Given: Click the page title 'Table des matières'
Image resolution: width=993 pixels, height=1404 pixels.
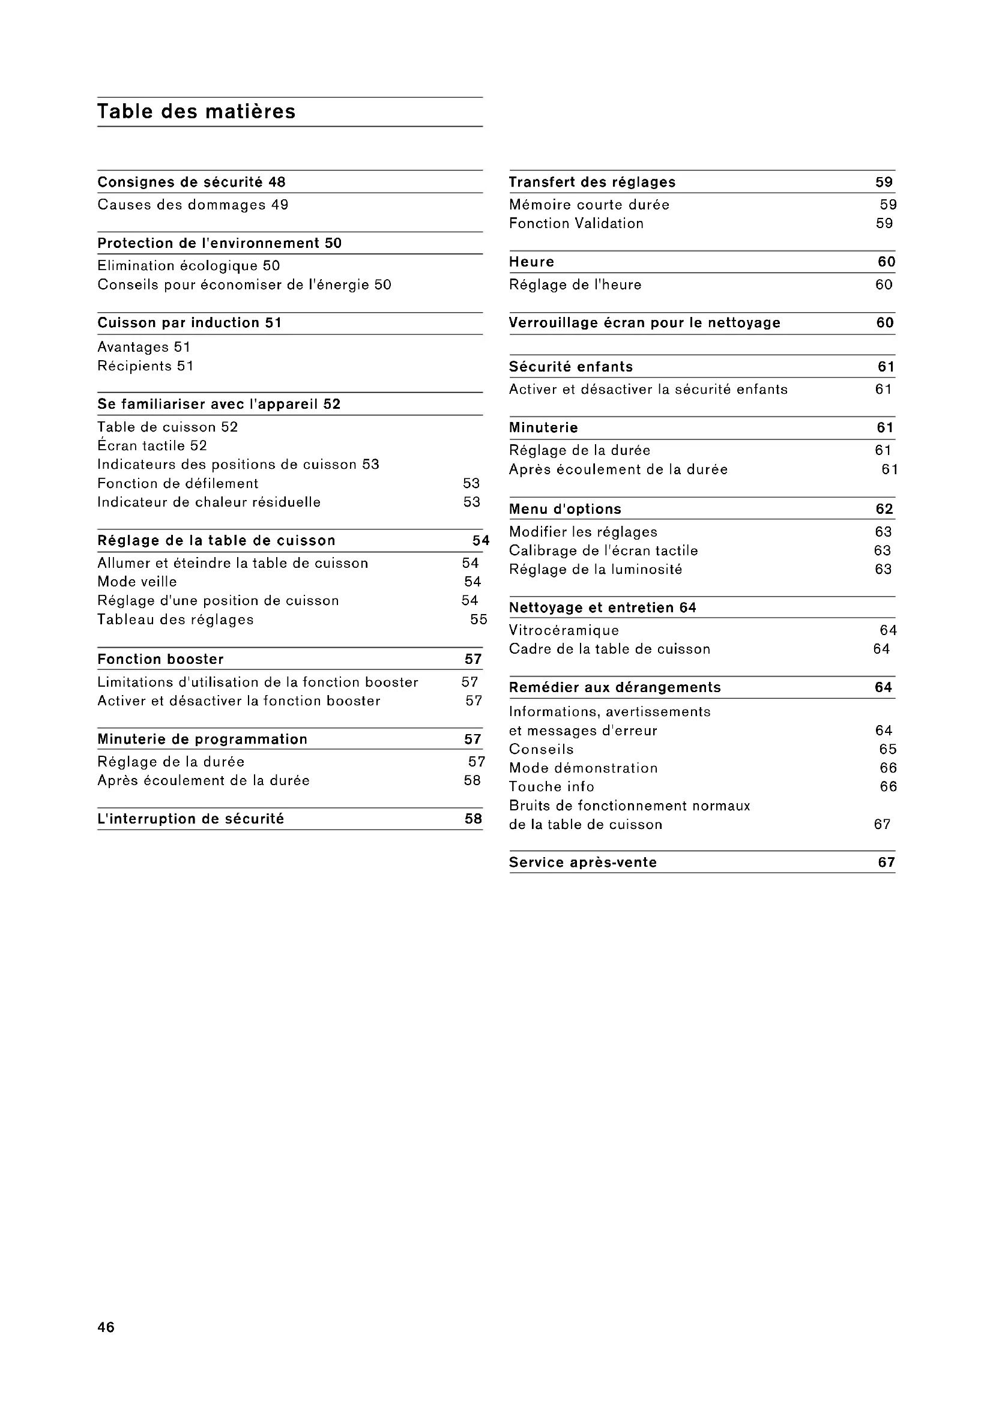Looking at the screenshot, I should click(x=196, y=112).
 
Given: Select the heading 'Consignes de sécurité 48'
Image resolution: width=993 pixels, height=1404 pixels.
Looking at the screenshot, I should click(x=192, y=182).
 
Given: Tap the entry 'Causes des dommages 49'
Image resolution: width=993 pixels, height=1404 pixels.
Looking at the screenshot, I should click(x=193, y=205).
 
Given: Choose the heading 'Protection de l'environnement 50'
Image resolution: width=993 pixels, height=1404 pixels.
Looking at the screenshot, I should click(x=220, y=243).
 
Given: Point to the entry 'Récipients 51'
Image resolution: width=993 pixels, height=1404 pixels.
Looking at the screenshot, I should click(x=145, y=366).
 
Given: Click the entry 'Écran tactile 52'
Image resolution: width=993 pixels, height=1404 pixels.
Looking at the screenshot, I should click(x=152, y=446).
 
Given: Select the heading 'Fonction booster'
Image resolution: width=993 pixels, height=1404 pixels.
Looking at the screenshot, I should click(x=161, y=659).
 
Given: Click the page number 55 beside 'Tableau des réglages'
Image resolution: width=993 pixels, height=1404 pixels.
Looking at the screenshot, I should click(x=478, y=619).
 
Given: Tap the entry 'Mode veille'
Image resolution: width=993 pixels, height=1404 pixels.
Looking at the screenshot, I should click(x=137, y=582).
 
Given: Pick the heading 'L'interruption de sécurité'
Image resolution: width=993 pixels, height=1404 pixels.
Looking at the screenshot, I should click(x=191, y=819).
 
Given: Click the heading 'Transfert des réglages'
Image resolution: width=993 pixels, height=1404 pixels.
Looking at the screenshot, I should click(x=592, y=182).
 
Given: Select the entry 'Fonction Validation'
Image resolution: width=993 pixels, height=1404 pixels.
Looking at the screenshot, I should click(x=576, y=224).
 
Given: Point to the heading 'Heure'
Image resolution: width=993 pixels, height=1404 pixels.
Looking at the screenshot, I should click(x=531, y=262).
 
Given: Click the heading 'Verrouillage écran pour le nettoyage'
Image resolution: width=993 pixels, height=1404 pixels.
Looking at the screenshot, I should click(x=644, y=323).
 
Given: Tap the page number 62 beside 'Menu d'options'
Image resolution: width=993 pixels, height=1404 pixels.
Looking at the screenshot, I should click(x=884, y=510).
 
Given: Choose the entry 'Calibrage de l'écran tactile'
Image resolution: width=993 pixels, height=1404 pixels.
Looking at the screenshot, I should click(x=603, y=551).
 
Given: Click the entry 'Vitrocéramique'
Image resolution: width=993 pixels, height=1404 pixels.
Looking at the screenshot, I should click(x=564, y=630).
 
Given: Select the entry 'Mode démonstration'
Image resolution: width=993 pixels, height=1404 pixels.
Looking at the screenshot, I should click(x=584, y=768).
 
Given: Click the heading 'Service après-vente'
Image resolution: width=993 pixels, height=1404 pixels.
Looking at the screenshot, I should click(x=583, y=862).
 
